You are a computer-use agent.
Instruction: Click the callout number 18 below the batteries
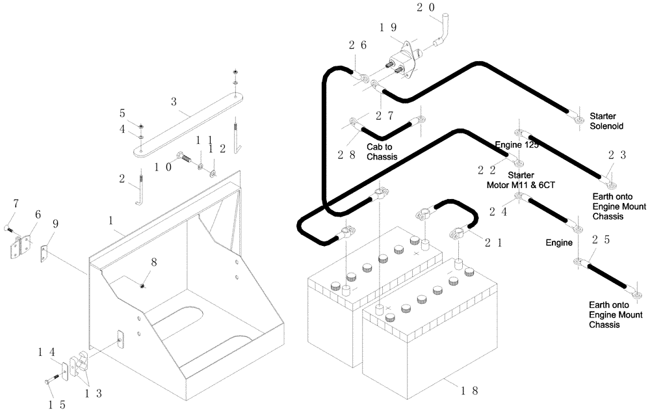[470, 390]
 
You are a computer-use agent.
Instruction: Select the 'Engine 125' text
[517, 144]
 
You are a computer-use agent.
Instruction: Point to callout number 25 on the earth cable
[600, 240]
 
